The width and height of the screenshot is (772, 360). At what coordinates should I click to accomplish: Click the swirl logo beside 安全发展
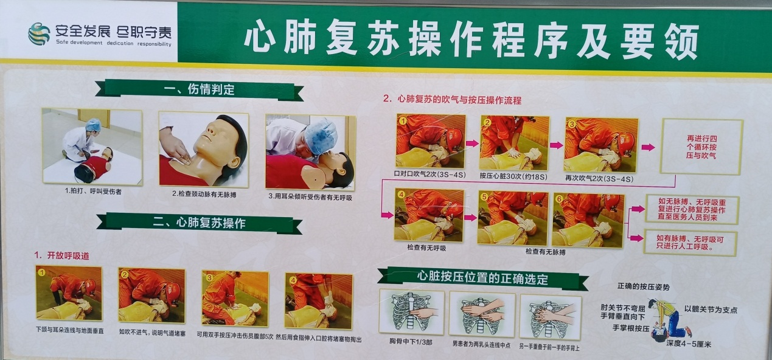(x=39, y=34)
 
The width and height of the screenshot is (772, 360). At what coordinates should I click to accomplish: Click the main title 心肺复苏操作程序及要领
(x=471, y=38)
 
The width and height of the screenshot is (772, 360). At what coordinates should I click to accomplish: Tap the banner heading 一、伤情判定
(x=199, y=89)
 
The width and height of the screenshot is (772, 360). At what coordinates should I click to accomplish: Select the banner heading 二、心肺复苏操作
(x=199, y=223)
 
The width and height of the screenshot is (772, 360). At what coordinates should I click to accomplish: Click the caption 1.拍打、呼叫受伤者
(x=93, y=192)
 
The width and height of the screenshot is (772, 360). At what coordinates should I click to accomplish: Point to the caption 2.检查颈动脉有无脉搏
(x=204, y=195)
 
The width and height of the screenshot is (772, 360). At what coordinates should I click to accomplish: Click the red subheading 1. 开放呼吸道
(x=61, y=255)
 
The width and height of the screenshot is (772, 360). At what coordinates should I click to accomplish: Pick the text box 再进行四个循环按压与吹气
(x=701, y=147)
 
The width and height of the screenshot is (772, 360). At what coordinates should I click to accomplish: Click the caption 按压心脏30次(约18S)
(x=513, y=176)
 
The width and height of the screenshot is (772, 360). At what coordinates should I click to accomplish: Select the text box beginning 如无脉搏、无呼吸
(x=692, y=209)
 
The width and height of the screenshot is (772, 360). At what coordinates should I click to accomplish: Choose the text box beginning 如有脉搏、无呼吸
(x=690, y=243)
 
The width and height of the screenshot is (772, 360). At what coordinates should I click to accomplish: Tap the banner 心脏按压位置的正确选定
(x=482, y=278)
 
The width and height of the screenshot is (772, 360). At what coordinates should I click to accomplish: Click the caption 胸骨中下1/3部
(x=411, y=342)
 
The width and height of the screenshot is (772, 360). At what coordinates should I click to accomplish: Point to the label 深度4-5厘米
(x=689, y=344)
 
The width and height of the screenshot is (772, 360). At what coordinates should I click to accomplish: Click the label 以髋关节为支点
(x=711, y=309)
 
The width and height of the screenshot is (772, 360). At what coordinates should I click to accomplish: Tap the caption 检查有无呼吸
(x=426, y=247)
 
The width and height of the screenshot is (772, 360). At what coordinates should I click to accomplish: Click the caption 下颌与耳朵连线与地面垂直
(x=69, y=330)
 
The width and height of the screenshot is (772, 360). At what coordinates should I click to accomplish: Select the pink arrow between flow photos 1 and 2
(x=472, y=143)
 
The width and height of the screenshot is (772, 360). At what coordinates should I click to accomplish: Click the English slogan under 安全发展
(x=113, y=43)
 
